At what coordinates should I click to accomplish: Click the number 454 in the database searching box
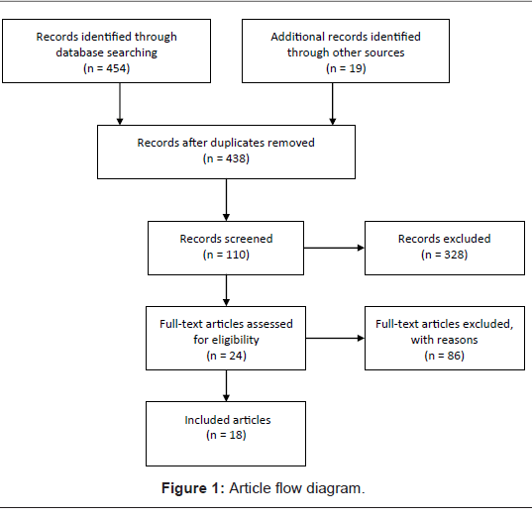[116, 68]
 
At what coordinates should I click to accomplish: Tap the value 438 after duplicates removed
[236, 158]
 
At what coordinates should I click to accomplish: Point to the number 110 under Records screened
[236, 255]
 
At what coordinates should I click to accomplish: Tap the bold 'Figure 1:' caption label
[193, 488]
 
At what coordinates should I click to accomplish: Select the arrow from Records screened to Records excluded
[334, 248]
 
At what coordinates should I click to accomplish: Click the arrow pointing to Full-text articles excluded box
[335, 338]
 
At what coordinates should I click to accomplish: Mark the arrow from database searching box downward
[120, 104]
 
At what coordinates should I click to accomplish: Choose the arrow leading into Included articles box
[226, 385]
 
